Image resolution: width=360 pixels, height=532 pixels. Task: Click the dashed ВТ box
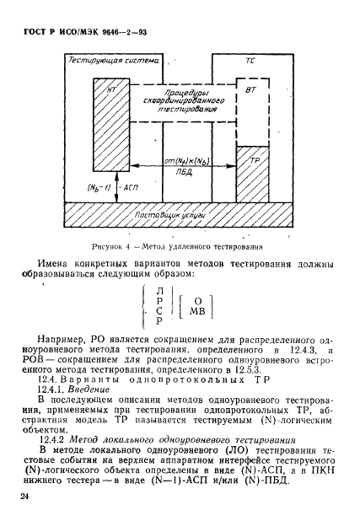coord(248,114)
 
